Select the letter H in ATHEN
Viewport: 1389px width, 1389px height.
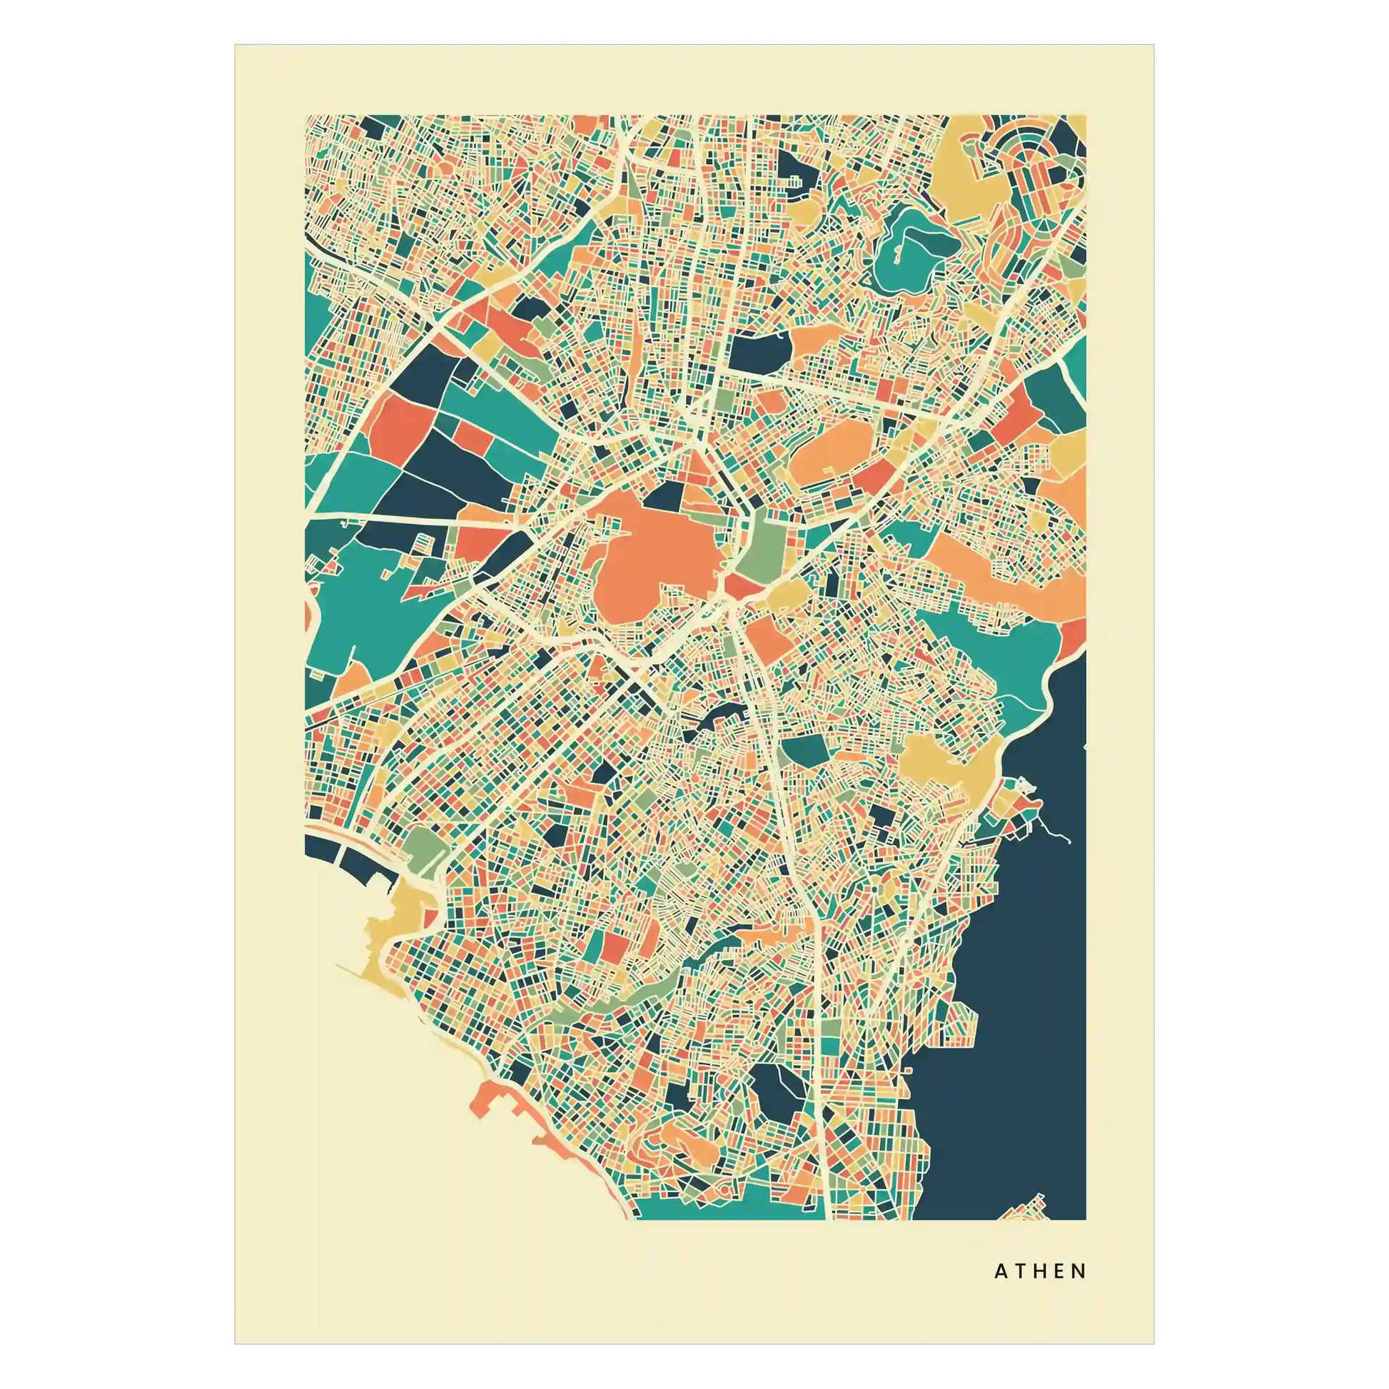[1040, 1272]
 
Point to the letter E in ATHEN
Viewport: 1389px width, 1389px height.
[1060, 1272]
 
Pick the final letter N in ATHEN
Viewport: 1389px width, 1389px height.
[1079, 1272]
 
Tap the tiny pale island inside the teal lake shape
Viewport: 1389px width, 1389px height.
[896, 253]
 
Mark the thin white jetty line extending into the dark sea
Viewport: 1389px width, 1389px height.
[1056, 834]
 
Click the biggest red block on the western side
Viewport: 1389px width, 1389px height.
[400, 428]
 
